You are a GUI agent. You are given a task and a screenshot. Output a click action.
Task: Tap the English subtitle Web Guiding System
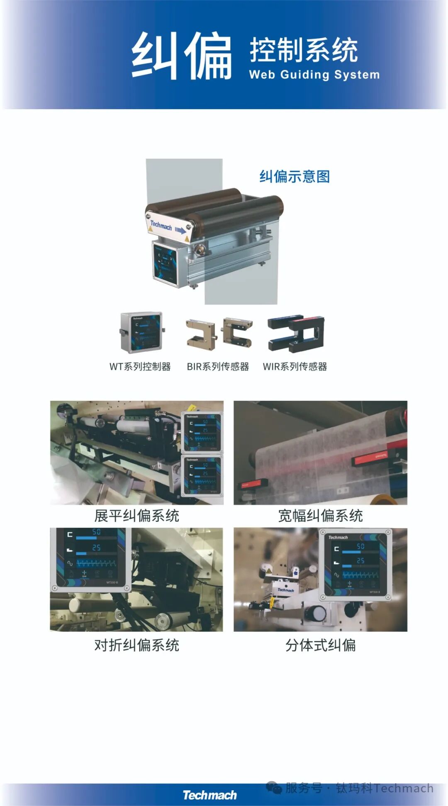[314, 75]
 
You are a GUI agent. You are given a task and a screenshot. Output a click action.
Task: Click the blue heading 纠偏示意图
[295, 176]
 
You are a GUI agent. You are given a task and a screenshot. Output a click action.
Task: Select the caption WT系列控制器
[140, 367]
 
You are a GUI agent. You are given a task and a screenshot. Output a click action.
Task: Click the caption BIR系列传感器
[218, 367]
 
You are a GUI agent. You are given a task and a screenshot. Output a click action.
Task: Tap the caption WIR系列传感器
[295, 367]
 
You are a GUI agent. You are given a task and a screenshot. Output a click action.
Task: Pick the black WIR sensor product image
[296, 332]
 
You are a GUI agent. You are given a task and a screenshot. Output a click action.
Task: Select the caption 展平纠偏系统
[136, 516]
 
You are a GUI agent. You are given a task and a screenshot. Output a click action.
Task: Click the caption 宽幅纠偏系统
[320, 516]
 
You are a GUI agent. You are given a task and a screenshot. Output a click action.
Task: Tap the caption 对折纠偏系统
[136, 645]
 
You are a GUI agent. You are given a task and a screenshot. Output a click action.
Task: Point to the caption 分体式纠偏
[320, 645]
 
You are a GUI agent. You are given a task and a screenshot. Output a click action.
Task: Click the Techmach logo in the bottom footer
[209, 795]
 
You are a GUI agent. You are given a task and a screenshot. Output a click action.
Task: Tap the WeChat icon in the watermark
[274, 787]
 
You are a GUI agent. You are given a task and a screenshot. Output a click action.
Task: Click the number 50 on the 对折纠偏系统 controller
[96, 532]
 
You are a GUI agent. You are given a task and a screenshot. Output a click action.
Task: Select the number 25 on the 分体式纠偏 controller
[360, 560]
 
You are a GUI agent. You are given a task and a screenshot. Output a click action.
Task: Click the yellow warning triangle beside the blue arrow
[186, 239]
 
